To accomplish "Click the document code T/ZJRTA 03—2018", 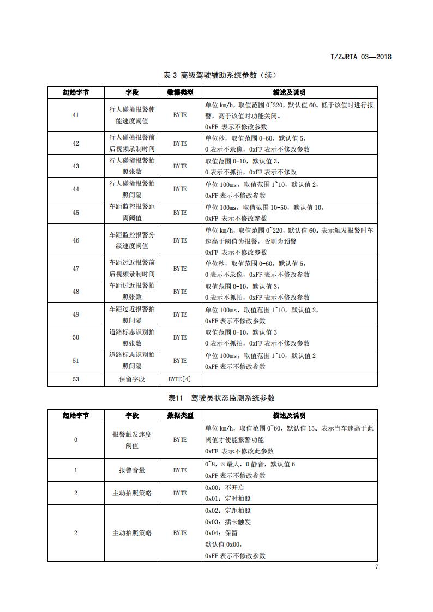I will click(362, 56).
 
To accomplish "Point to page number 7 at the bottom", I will click(376, 567).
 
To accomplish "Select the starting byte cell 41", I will click(76, 115).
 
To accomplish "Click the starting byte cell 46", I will click(76, 240).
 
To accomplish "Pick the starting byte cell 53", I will click(76, 379).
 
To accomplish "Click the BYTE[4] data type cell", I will click(180, 379).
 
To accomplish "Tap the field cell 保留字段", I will click(132, 379).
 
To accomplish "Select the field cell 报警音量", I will click(132, 470).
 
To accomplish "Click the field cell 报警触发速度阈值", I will click(132, 439).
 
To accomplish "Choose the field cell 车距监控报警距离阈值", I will click(132, 213).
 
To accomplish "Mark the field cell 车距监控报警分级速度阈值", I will click(132, 240).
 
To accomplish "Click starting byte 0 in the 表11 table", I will click(76, 439).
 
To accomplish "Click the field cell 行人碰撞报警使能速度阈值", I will click(132, 115).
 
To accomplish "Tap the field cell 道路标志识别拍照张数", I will click(132, 337).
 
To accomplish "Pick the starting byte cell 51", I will click(76, 360).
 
